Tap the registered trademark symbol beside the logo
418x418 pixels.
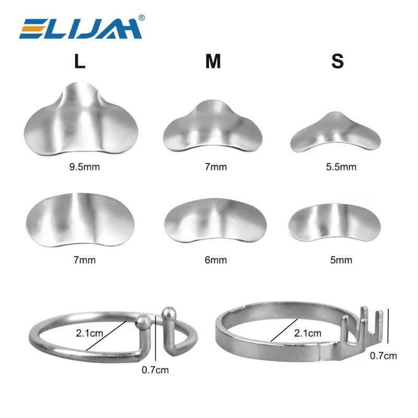142,18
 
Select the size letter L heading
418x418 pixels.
80,61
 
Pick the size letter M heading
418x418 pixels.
213,61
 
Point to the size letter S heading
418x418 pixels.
338,61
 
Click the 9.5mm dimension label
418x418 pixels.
85,167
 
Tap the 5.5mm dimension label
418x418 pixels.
341,167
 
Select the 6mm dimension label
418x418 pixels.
216,260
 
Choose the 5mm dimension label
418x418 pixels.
341,260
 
